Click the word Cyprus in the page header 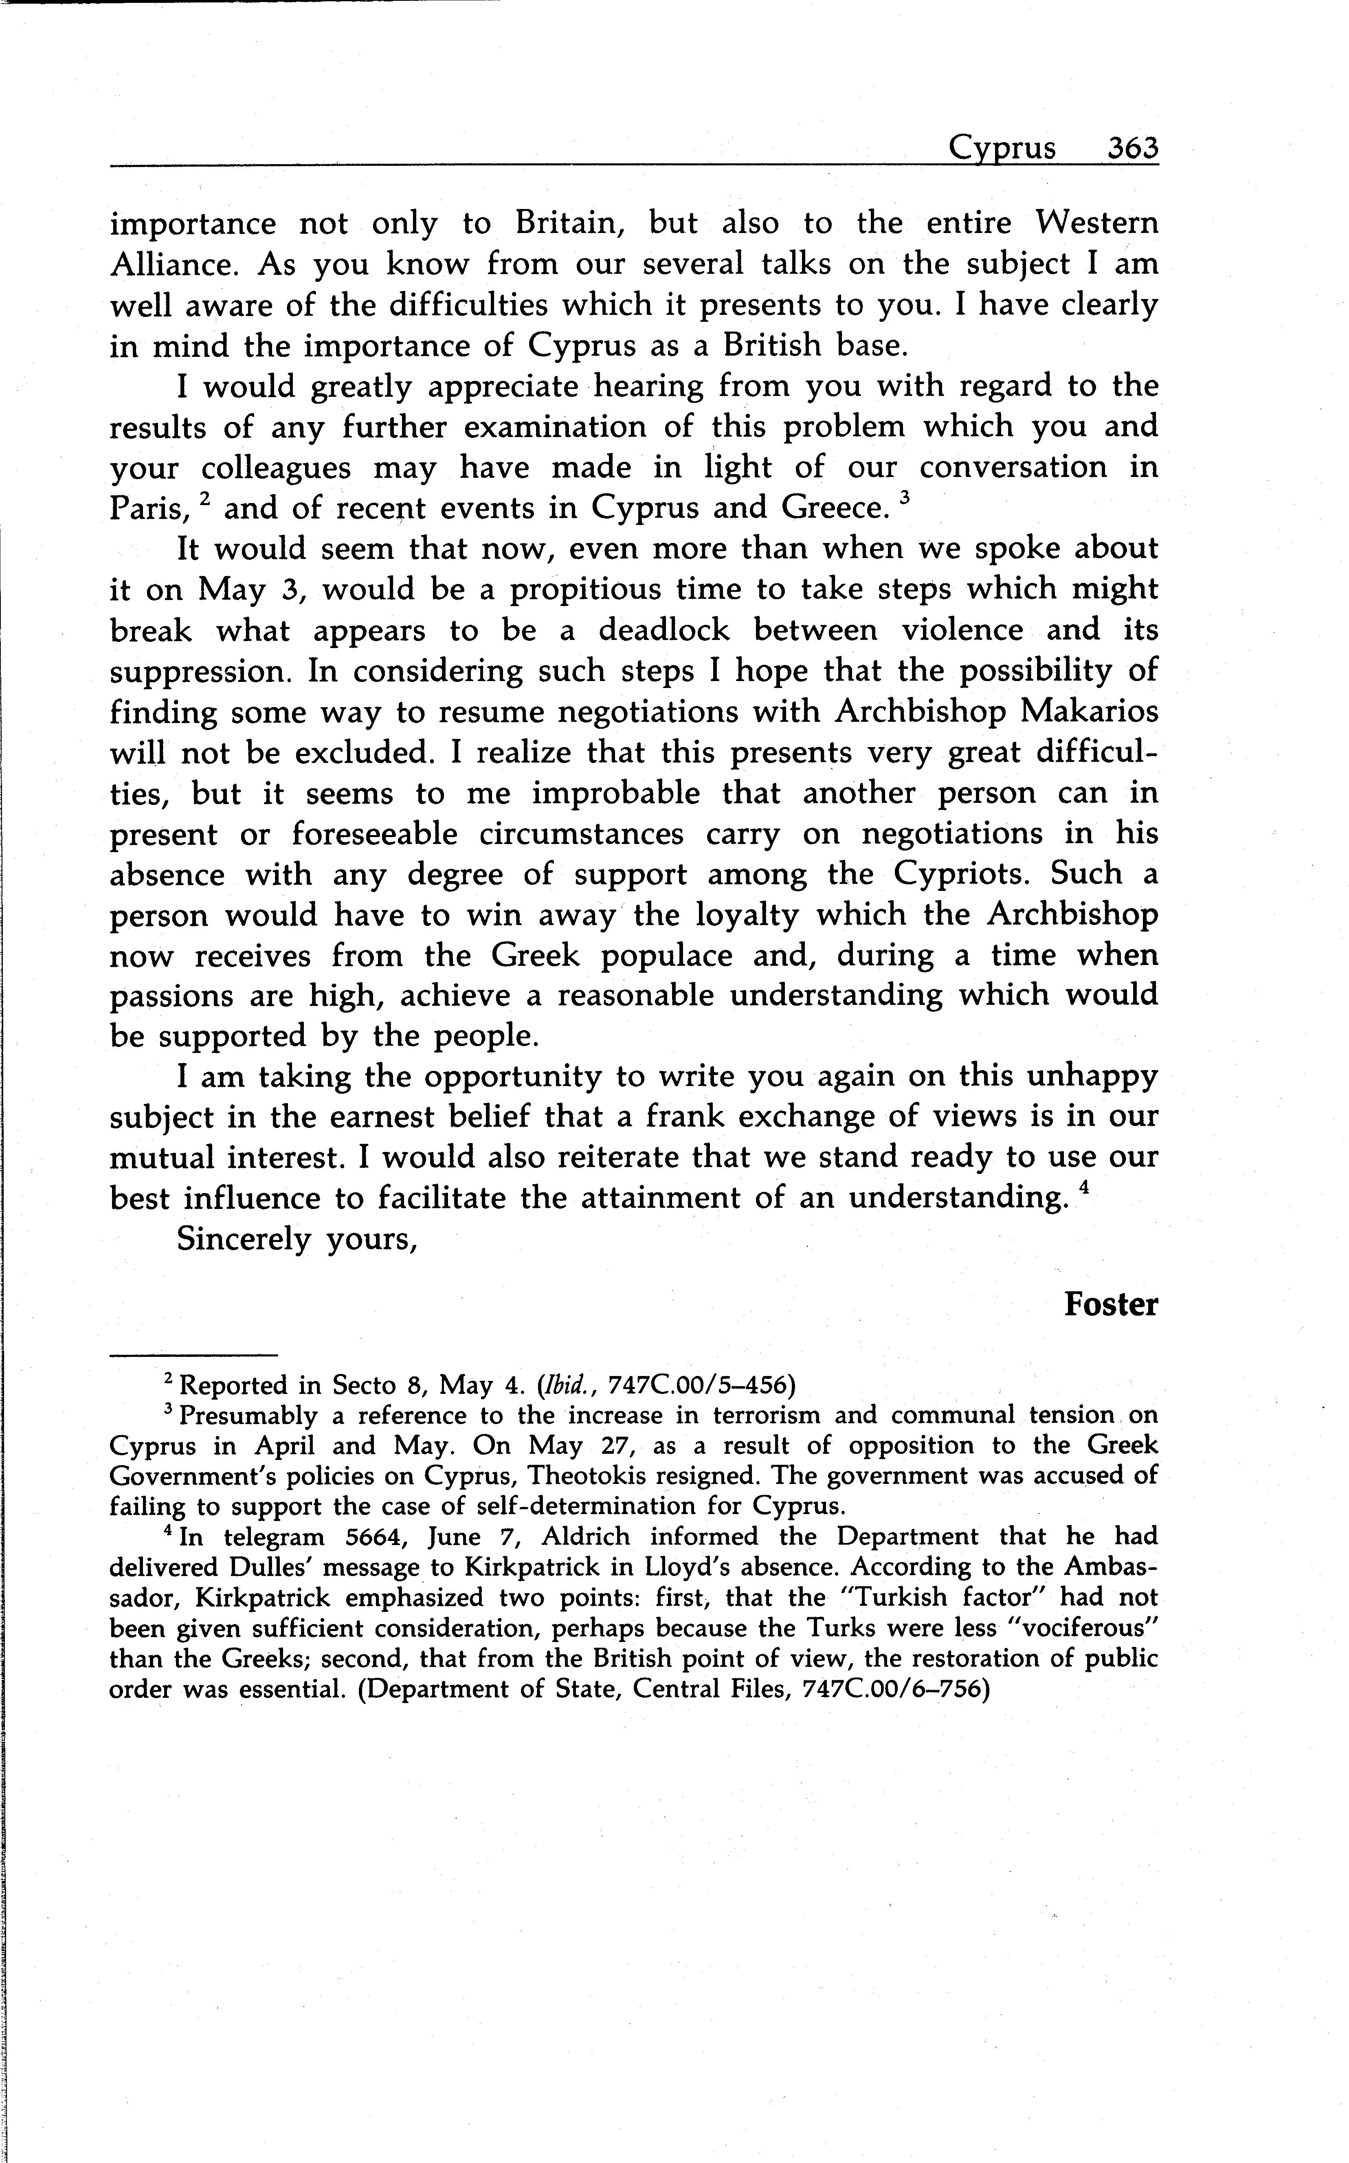pos(1002,148)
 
